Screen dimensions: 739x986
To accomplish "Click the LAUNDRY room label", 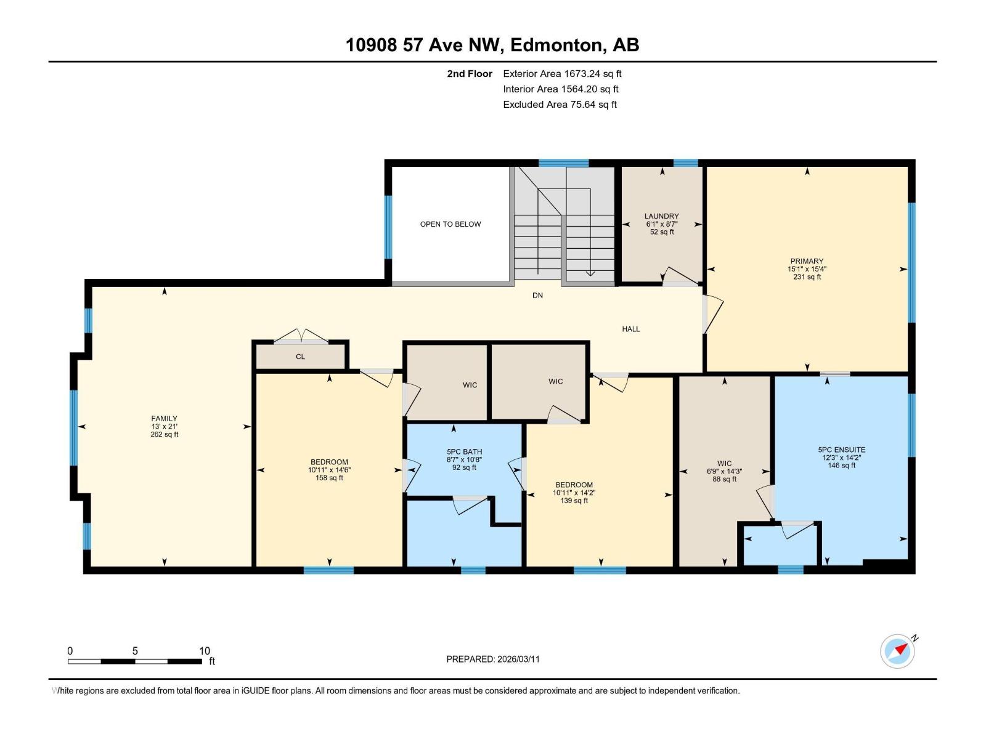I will [661, 216].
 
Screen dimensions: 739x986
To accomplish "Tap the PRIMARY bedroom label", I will [807, 261].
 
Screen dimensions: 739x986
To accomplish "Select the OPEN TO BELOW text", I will [450, 224].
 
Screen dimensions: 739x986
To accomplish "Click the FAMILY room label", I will [165, 419].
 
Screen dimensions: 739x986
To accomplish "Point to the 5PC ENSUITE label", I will [841, 450].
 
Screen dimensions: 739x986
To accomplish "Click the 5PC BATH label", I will [464, 451].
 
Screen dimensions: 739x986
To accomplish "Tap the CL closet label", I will [300, 357].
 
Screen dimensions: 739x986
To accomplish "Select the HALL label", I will [630, 329].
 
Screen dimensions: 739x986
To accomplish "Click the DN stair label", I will [537, 296].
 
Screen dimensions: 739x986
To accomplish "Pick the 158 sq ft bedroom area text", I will [329, 478].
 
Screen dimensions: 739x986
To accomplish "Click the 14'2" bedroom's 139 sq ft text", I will [574, 501].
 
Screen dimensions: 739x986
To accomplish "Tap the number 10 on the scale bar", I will [205, 651].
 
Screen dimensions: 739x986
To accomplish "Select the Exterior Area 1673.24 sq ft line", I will [561, 74].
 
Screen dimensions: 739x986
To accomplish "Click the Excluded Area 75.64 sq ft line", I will [560, 105].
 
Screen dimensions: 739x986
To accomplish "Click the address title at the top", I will [492, 45].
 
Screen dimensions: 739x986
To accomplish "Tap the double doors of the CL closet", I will [301, 336].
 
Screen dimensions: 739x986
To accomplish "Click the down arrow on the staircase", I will [590, 273].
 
